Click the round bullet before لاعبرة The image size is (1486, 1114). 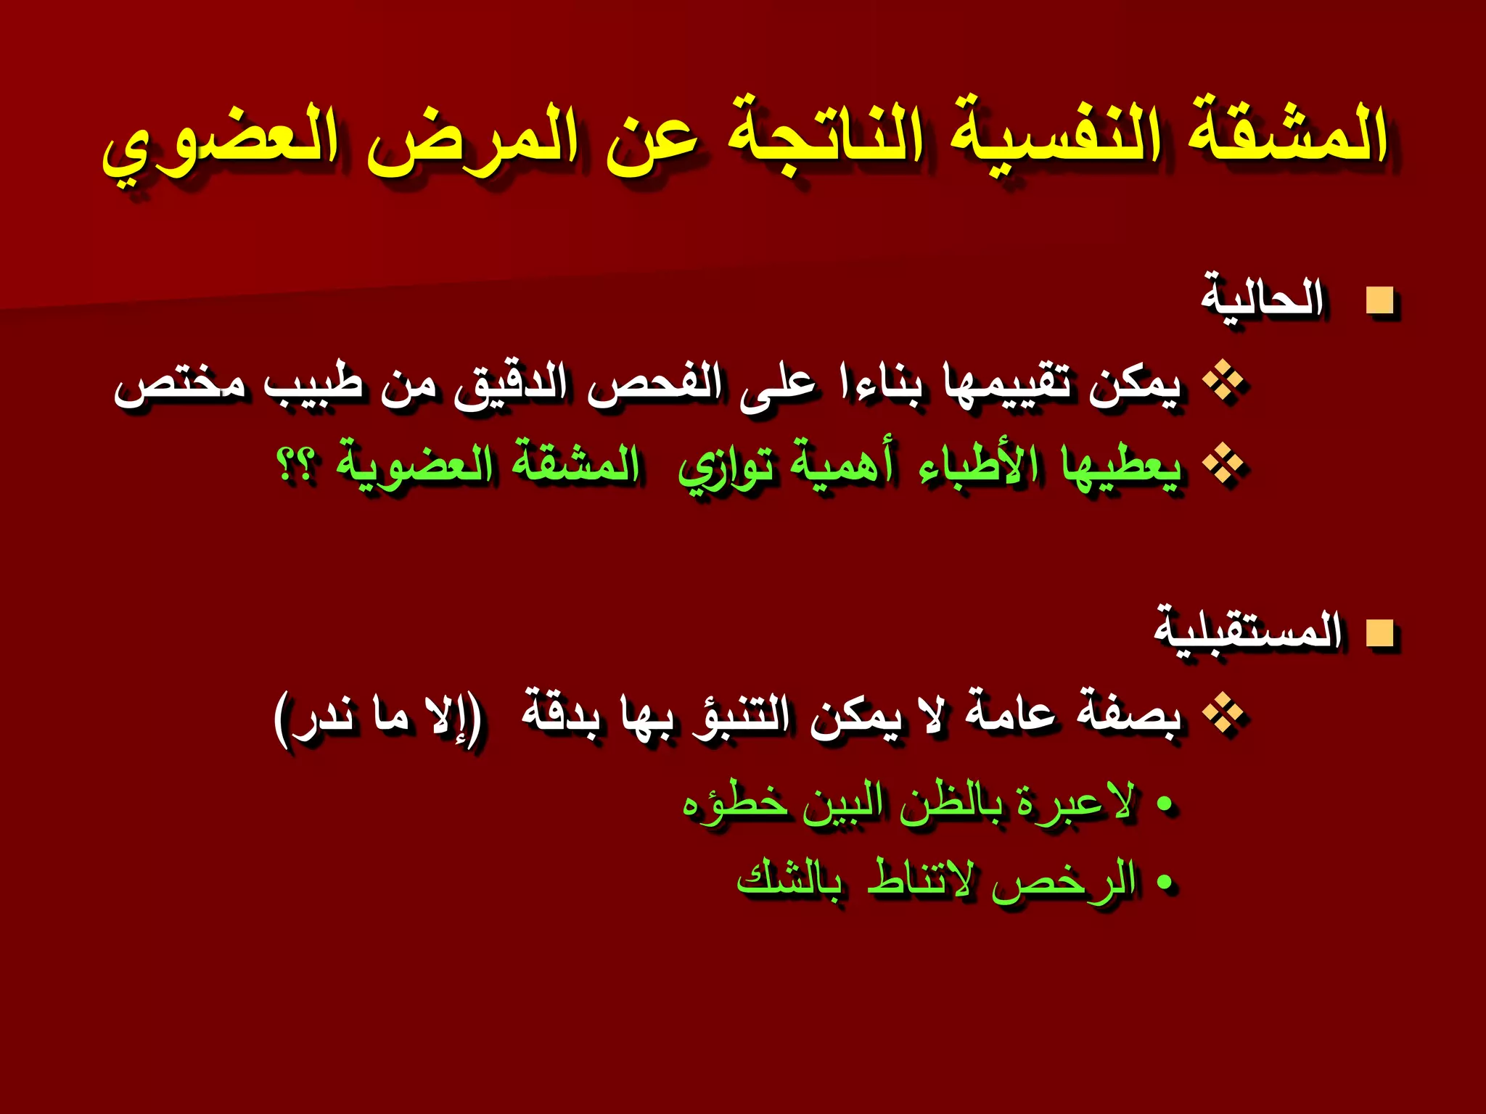(x=1165, y=804)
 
